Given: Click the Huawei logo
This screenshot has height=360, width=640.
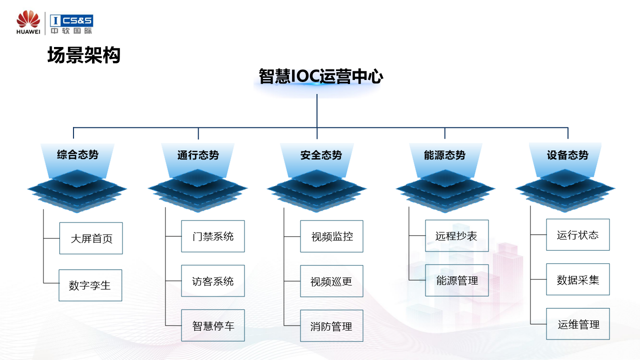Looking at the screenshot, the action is coord(28,23).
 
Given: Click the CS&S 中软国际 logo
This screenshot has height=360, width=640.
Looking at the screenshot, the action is coord(71,24).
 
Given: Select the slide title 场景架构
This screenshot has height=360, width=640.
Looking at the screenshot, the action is coord(84,55).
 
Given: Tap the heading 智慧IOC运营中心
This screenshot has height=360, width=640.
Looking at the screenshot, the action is coord(321,76).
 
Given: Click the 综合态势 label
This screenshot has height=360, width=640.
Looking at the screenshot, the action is coord(77,154).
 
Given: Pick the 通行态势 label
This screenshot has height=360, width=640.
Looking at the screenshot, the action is coord(198,155).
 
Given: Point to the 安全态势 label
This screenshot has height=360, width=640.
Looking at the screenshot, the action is coord(321,155).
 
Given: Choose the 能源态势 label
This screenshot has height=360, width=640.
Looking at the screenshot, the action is coord(444,155).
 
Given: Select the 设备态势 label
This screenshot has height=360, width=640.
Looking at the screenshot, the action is coord(567,155).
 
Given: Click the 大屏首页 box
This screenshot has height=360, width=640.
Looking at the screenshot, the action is coord(91,238).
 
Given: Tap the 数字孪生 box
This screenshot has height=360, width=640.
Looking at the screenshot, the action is coord(90,285).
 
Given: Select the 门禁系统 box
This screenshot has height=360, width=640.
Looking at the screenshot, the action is coord(213,236).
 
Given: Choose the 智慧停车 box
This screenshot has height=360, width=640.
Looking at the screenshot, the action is coord(213,326).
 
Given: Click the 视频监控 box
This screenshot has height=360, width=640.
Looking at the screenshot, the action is coord(331,236).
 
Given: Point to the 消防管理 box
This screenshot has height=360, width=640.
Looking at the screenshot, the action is coord(331,326).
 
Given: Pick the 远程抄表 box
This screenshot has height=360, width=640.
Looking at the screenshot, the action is coord(456,236).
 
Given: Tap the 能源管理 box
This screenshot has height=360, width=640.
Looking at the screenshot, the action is coord(457,280).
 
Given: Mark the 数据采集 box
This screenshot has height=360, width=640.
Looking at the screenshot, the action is coord(578,279).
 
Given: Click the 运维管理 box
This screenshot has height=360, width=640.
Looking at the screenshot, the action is coord(578,324).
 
